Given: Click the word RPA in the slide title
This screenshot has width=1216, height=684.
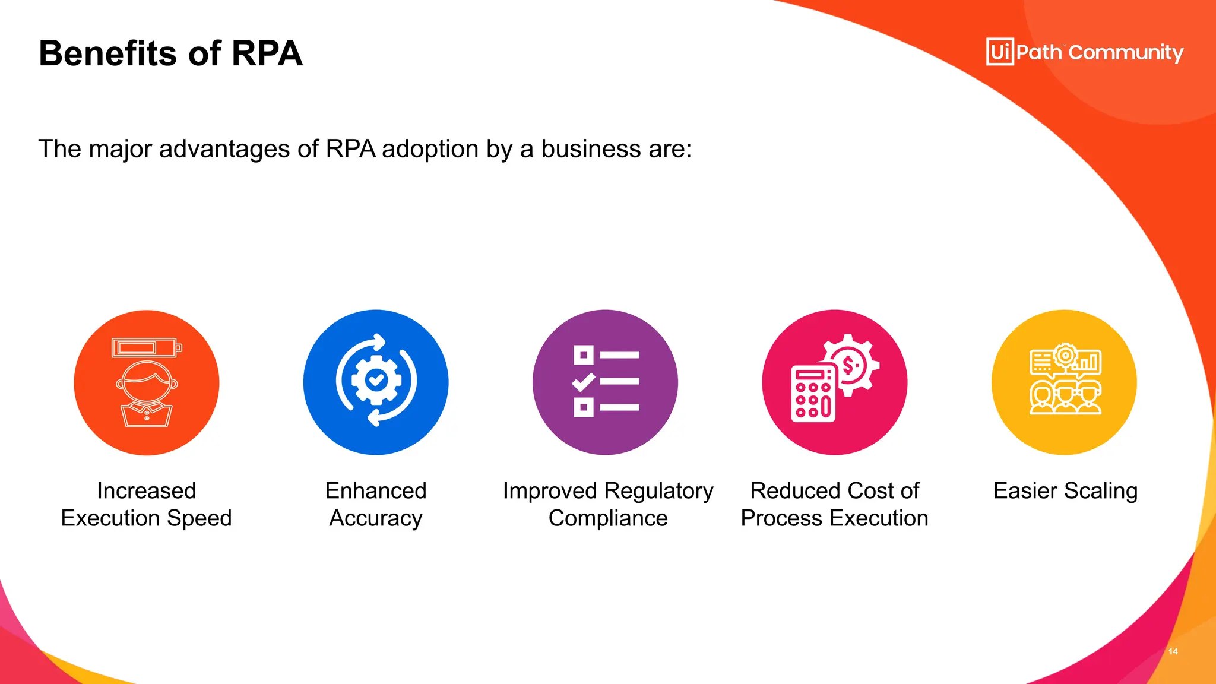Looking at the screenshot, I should (x=267, y=53).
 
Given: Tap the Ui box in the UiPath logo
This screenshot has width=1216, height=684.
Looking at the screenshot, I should (x=1000, y=52).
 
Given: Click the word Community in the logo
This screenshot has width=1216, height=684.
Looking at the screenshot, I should (x=1126, y=53).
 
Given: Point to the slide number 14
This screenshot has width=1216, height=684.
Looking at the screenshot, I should (x=1173, y=651).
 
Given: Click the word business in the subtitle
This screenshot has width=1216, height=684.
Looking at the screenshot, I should (x=591, y=149).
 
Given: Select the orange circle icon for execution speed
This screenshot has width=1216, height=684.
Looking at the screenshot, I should (x=147, y=382).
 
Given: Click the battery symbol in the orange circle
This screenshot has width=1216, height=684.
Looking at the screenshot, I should (x=146, y=347).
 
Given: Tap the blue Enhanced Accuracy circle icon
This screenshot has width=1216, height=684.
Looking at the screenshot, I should (x=376, y=382).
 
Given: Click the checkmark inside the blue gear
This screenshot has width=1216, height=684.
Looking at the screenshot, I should (x=376, y=379).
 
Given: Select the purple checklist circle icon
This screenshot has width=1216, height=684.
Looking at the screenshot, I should (x=605, y=382).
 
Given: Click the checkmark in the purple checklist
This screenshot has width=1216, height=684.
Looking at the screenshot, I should (x=584, y=381).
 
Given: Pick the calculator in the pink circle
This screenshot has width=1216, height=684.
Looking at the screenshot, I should (x=813, y=394).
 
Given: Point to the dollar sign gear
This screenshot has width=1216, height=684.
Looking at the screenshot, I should (x=850, y=364).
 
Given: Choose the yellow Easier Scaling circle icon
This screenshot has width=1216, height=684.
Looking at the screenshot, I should (x=1064, y=382).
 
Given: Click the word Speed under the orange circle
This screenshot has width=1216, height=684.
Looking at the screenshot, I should (x=200, y=519).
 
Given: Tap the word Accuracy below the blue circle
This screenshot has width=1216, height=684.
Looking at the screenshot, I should (x=376, y=519).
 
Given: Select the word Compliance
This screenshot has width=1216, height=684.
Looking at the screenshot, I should (x=608, y=519).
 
